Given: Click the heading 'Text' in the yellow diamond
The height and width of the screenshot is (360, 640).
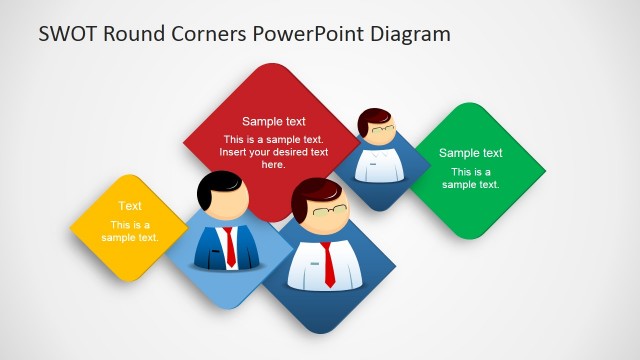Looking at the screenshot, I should click(130, 207).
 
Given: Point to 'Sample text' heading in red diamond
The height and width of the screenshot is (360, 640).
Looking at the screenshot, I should click(274, 122).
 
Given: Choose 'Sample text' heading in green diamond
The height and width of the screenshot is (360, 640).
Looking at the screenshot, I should click(471, 153).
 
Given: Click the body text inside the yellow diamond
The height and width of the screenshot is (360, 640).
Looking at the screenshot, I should click(130, 231).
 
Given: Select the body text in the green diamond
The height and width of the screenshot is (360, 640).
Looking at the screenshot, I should click(471, 178).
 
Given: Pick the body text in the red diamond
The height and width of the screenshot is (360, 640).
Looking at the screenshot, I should click(274, 152).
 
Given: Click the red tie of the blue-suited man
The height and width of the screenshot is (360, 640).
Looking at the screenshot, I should click(230, 245).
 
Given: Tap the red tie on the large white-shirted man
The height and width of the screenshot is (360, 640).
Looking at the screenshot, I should click(329, 264).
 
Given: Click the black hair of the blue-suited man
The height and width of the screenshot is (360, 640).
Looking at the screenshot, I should click(217, 183).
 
